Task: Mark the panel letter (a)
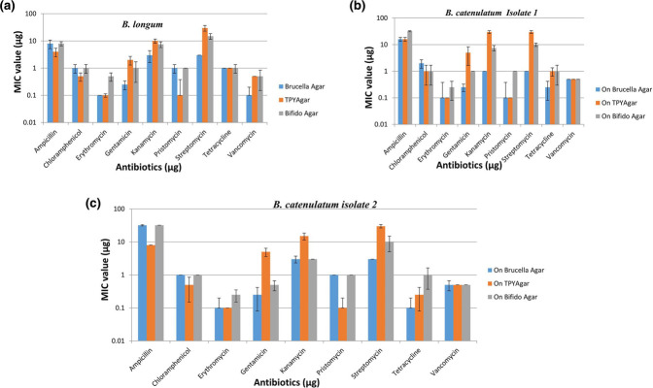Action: (12, 7)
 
